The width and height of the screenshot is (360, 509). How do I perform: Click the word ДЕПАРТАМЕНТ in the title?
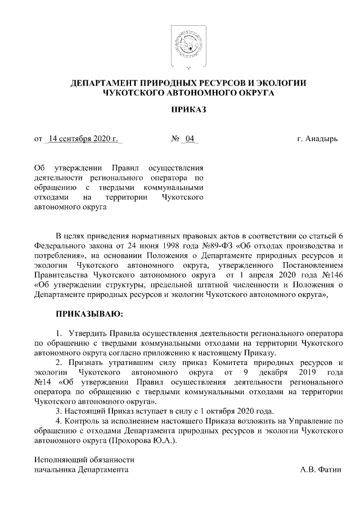click(107, 83)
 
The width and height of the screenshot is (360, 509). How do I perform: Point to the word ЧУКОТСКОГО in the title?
click(132, 93)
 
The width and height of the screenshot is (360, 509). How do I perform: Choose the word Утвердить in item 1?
click(86, 332)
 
